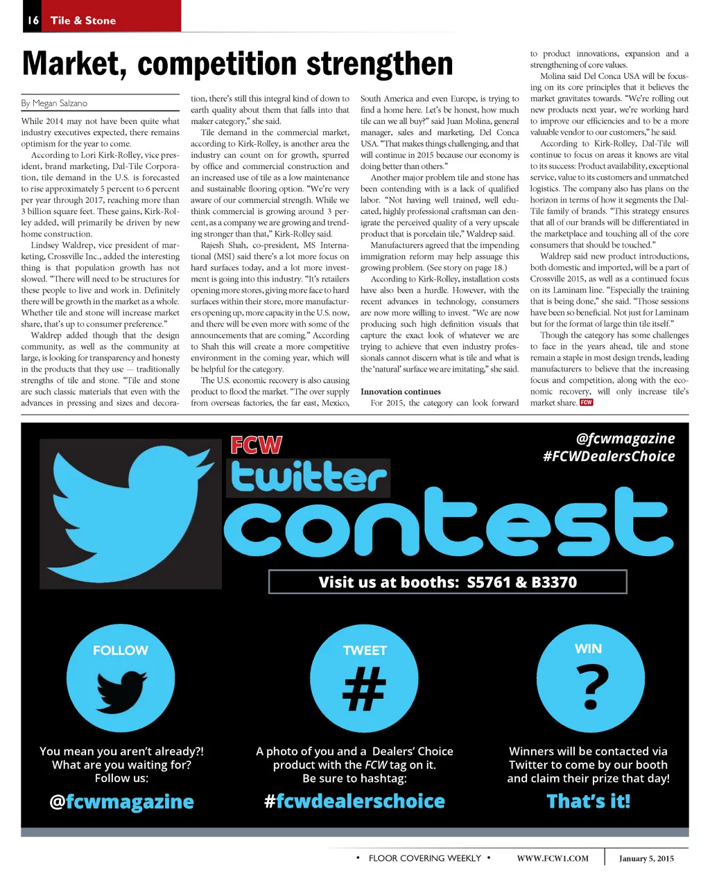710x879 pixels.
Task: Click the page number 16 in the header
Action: click(33, 21)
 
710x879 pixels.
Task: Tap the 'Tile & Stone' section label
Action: click(83, 21)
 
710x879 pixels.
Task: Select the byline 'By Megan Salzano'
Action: click(54, 103)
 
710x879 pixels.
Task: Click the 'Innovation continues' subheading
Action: click(401, 392)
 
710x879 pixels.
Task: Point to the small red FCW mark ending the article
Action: click(587, 403)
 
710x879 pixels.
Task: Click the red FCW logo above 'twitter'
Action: click(256, 445)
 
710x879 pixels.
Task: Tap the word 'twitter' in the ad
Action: click(309, 478)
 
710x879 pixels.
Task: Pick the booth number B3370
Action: click(554, 582)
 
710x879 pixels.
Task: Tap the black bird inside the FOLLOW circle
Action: click(121, 693)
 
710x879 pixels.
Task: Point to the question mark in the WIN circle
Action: click(590, 686)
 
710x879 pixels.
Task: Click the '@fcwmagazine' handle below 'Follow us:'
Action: click(121, 802)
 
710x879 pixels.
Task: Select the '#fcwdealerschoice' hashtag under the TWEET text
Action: click(354, 802)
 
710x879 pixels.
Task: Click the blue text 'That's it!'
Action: click(589, 802)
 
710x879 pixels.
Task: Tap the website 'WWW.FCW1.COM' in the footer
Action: click(553, 858)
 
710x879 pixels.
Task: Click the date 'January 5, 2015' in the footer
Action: click(646, 858)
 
